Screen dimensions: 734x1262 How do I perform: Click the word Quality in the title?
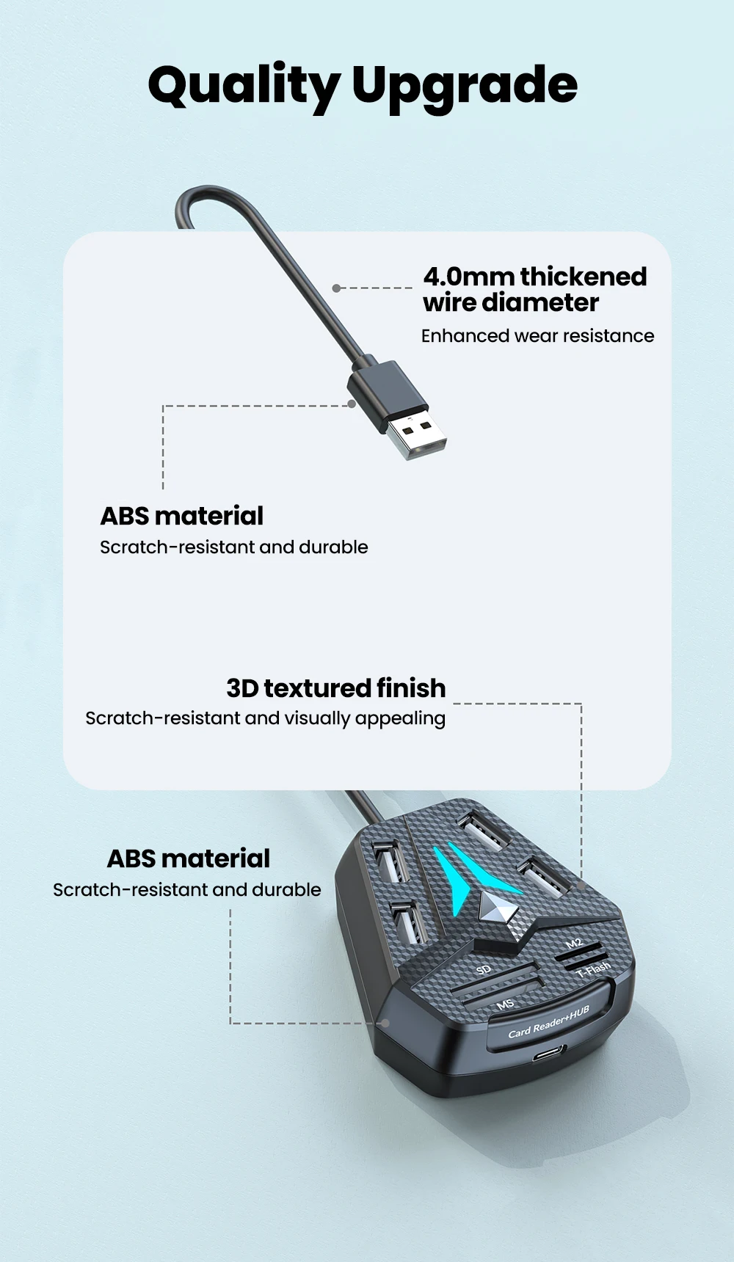pos(242,86)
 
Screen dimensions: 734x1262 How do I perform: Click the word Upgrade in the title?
pos(465,86)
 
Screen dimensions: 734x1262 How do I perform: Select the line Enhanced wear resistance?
pos(537,336)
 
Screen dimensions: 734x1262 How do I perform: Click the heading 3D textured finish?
pos(336,688)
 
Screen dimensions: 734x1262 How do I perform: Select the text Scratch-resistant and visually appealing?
pos(265,718)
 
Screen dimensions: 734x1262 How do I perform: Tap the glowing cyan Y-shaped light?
pos(470,873)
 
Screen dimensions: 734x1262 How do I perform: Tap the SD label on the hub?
pos(483,970)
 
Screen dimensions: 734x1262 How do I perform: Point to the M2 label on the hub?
pos(574,943)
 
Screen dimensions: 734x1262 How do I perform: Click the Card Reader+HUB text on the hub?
pos(548,1023)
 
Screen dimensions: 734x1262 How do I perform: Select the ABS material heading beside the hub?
pos(189,858)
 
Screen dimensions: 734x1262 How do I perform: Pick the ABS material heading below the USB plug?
pos(182,516)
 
